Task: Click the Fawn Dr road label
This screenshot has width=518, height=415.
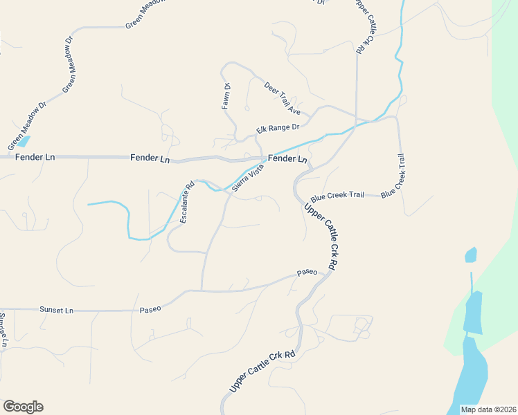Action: [x=226, y=96]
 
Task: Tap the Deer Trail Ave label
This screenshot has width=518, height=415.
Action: [x=283, y=98]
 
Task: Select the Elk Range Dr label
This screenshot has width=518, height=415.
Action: [x=277, y=128]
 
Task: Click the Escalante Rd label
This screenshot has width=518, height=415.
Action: [x=186, y=203]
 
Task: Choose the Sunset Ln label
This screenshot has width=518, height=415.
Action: [x=56, y=311]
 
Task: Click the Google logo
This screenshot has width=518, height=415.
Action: [x=23, y=407]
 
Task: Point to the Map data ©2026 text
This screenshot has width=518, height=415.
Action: [x=488, y=409]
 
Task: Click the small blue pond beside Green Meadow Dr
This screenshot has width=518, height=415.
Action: [x=21, y=142]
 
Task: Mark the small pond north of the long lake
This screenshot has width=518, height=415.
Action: [x=471, y=255]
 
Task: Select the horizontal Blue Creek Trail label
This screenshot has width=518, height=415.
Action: [x=337, y=195]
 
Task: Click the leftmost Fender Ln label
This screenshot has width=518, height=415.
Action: [x=35, y=158]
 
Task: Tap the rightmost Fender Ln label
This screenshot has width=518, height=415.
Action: [x=287, y=159]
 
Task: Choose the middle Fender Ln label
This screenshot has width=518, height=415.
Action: [x=150, y=158]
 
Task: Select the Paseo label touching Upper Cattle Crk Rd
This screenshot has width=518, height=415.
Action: [x=307, y=273]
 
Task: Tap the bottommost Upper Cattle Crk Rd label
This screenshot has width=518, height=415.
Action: [x=262, y=371]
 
